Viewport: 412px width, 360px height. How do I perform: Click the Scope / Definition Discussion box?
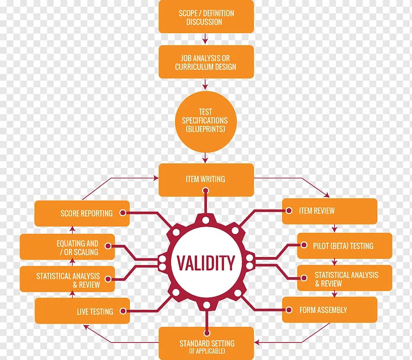206,17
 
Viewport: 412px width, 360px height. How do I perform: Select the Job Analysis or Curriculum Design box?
206,62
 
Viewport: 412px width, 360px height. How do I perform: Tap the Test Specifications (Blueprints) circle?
205,120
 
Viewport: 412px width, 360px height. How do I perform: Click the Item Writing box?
206,179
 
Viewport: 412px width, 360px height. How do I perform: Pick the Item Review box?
329,211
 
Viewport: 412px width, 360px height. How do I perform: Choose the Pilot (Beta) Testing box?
344,246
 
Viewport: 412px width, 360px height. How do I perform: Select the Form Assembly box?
329,310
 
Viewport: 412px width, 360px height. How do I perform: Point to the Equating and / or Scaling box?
67,248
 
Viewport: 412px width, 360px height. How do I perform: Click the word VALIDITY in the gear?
206,263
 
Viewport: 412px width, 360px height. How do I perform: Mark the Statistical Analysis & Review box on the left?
67,280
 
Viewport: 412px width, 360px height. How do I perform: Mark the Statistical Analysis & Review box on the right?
344,279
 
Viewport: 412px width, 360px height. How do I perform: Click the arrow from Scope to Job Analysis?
206,39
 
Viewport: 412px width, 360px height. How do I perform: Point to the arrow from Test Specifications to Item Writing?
206,158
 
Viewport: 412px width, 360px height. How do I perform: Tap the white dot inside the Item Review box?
290,210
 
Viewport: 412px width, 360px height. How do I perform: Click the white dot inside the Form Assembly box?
290,309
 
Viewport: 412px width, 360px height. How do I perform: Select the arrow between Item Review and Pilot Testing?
334,228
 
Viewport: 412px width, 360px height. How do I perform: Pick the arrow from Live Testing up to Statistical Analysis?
74,295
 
